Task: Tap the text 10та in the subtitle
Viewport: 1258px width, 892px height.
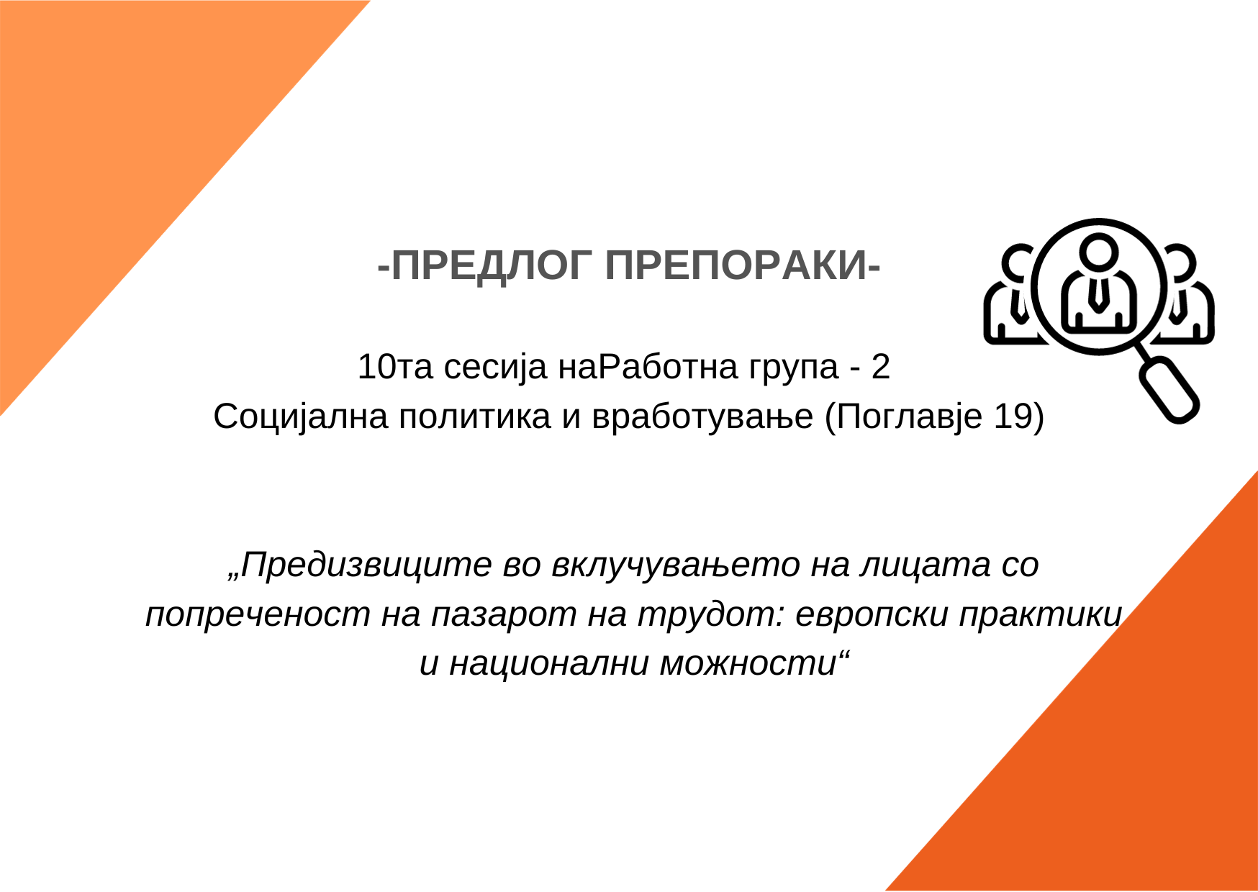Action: click(x=395, y=367)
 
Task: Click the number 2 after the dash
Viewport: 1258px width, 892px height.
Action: click(x=880, y=367)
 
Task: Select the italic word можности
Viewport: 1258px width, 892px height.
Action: click(x=748, y=663)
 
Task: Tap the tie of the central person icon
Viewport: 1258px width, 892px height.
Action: click(x=1098, y=294)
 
